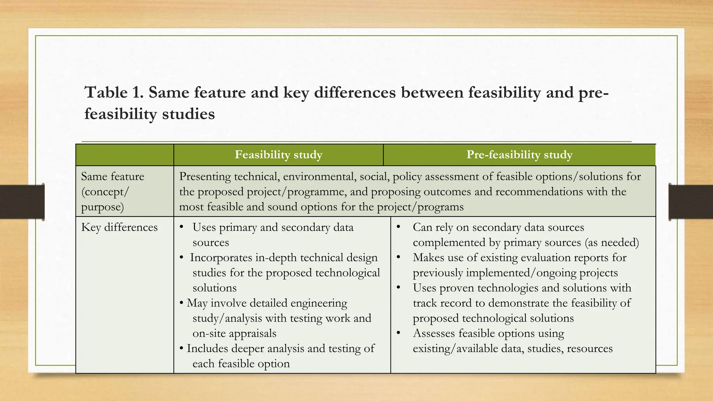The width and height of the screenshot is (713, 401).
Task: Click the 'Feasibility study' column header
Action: [x=279, y=155]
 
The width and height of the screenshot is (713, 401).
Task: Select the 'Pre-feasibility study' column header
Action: [x=519, y=155]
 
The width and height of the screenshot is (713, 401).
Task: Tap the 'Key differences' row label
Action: [x=119, y=227]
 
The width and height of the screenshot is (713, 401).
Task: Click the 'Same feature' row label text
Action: [x=112, y=176]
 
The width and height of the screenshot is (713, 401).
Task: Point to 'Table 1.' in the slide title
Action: [x=115, y=93]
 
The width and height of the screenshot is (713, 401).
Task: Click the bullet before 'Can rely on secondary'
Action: [x=399, y=227]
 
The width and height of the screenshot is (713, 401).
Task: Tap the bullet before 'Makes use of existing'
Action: [x=399, y=258]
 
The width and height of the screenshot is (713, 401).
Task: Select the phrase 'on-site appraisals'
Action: [x=234, y=333]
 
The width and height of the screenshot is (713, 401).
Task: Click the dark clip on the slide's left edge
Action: [x=22, y=202]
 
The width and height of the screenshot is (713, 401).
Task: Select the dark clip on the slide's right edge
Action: [x=691, y=202]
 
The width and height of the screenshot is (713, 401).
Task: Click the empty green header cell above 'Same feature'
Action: [x=125, y=155]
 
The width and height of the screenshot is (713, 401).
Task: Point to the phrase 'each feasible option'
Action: [x=241, y=364]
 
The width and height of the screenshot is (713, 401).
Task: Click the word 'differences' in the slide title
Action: [x=355, y=93]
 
